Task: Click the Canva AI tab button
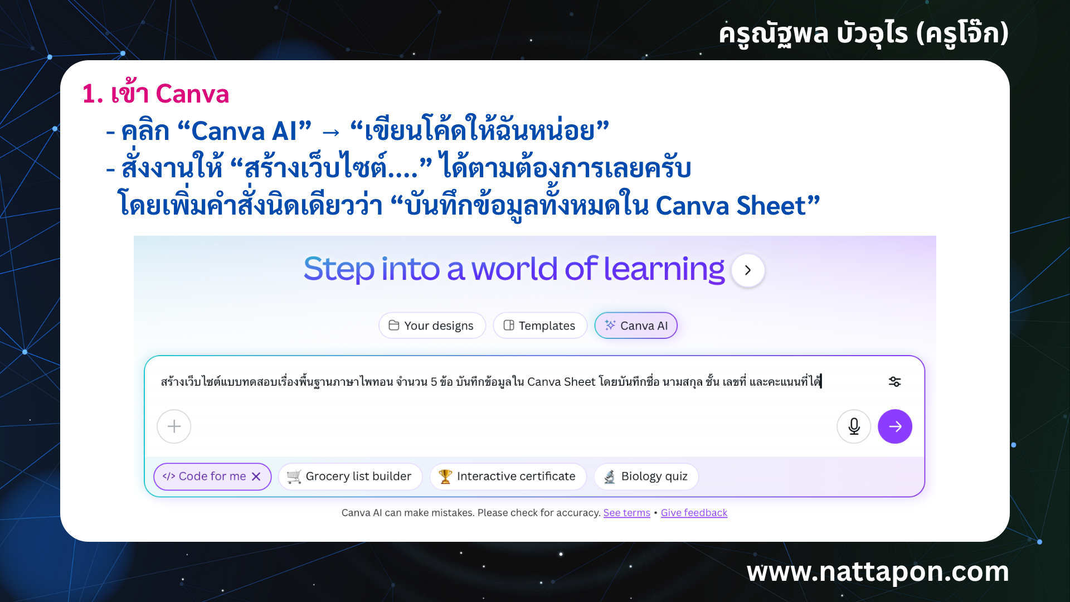tap(636, 326)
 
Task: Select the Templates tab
tap(539, 326)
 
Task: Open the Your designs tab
tap(432, 326)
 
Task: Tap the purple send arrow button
tap(894, 426)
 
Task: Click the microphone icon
tap(854, 426)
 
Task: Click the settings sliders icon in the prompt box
tap(894, 382)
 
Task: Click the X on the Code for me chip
tap(256, 477)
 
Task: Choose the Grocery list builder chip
tap(350, 477)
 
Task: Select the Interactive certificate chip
tap(508, 477)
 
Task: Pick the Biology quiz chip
tap(646, 477)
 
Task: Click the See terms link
tap(626, 513)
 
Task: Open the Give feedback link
tap(694, 513)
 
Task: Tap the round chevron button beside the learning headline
tap(748, 270)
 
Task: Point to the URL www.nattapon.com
tap(878, 572)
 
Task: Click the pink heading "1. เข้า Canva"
tap(155, 94)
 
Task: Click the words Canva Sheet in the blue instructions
tap(731, 206)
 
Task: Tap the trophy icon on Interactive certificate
tap(445, 477)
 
